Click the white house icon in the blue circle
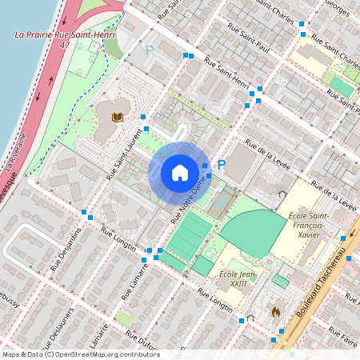(179, 173)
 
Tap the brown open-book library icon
(117, 118)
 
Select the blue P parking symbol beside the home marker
(222, 165)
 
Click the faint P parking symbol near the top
(149, 50)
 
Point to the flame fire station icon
(276, 311)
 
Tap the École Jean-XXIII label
(237, 279)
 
